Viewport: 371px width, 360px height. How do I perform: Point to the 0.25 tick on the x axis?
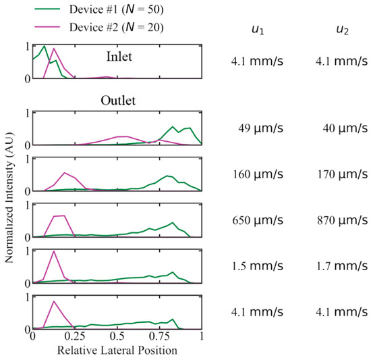(74, 336)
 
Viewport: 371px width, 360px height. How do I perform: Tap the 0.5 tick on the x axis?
(117, 336)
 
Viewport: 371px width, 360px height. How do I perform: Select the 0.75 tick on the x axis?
(159, 336)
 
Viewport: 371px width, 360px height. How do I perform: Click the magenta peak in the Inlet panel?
(54, 49)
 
